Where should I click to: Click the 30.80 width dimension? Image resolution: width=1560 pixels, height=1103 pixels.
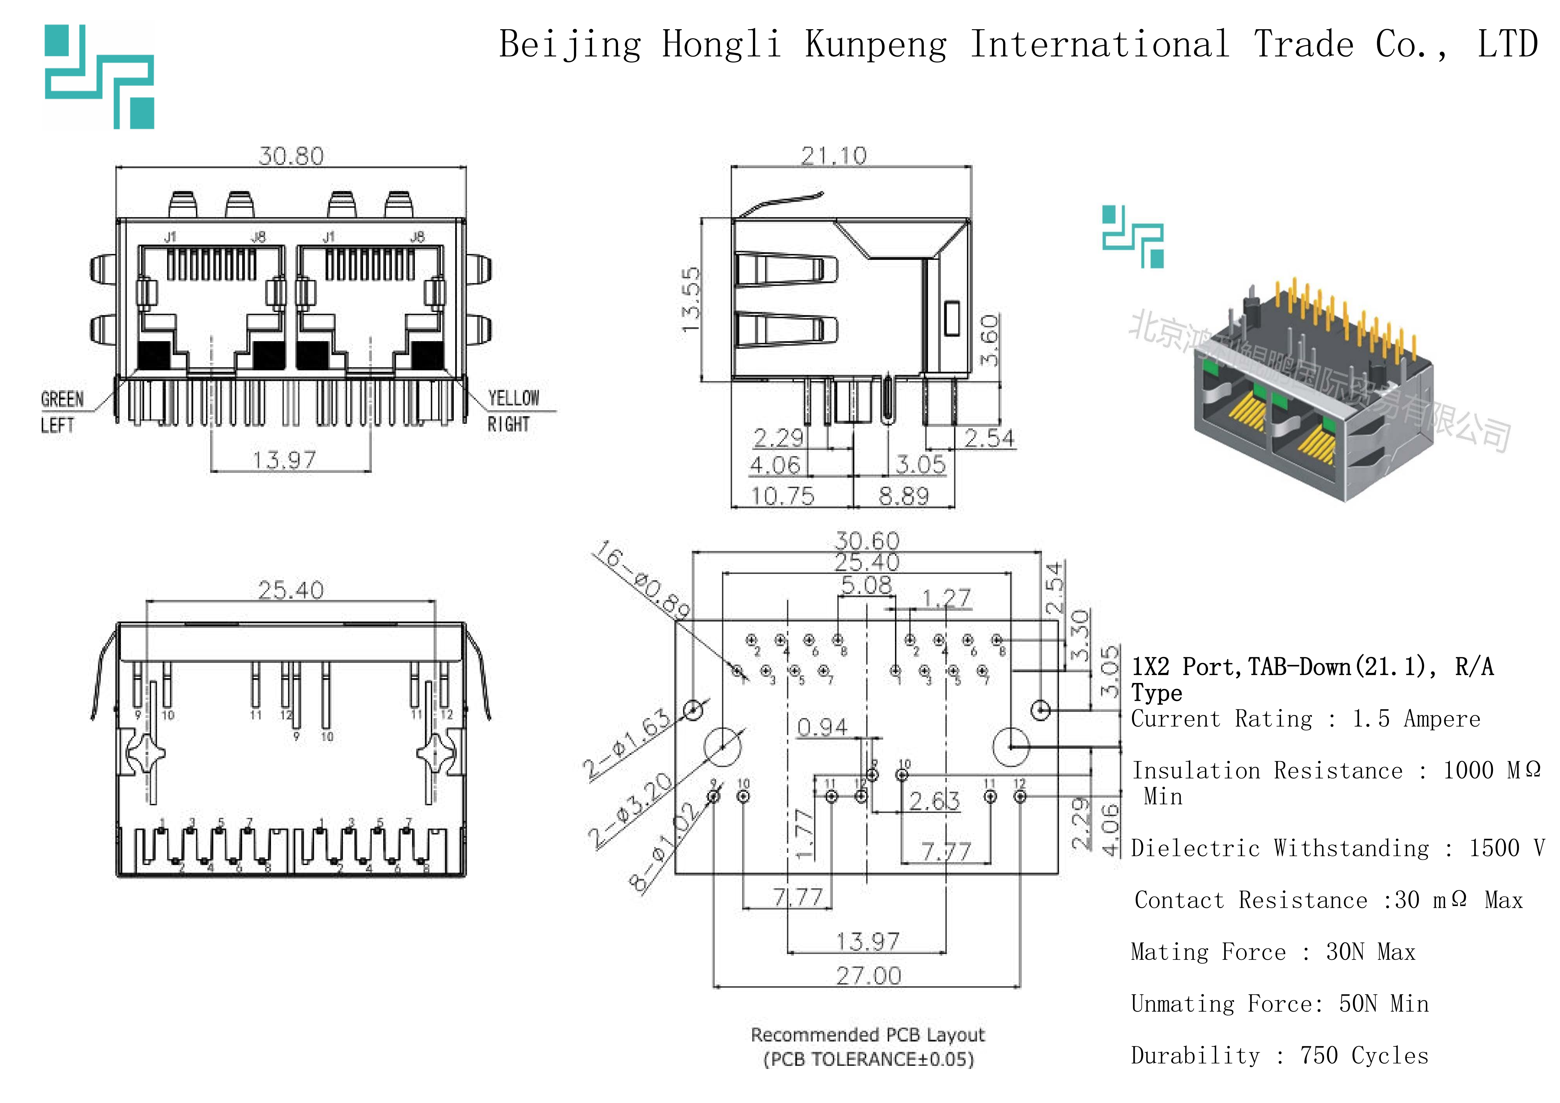pyautogui.click(x=291, y=156)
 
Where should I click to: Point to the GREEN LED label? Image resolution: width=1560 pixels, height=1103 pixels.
pyautogui.click(x=63, y=400)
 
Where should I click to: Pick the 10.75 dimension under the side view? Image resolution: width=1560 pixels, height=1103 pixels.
pyautogui.click(x=782, y=496)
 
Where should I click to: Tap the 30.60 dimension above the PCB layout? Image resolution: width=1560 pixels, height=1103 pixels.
pyautogui.click(x=867, y=541)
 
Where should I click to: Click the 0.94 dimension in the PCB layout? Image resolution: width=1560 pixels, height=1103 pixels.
pyautogui.click(x=822, y=727)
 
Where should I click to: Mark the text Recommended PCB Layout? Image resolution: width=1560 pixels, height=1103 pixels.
pyautogui.click(x=868, y=1035)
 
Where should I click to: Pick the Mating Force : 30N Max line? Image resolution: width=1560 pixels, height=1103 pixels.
pyautogui.click(x=1273, y=952)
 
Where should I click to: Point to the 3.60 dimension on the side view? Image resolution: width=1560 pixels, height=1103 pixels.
pyautogui.click(x=989, y=340)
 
